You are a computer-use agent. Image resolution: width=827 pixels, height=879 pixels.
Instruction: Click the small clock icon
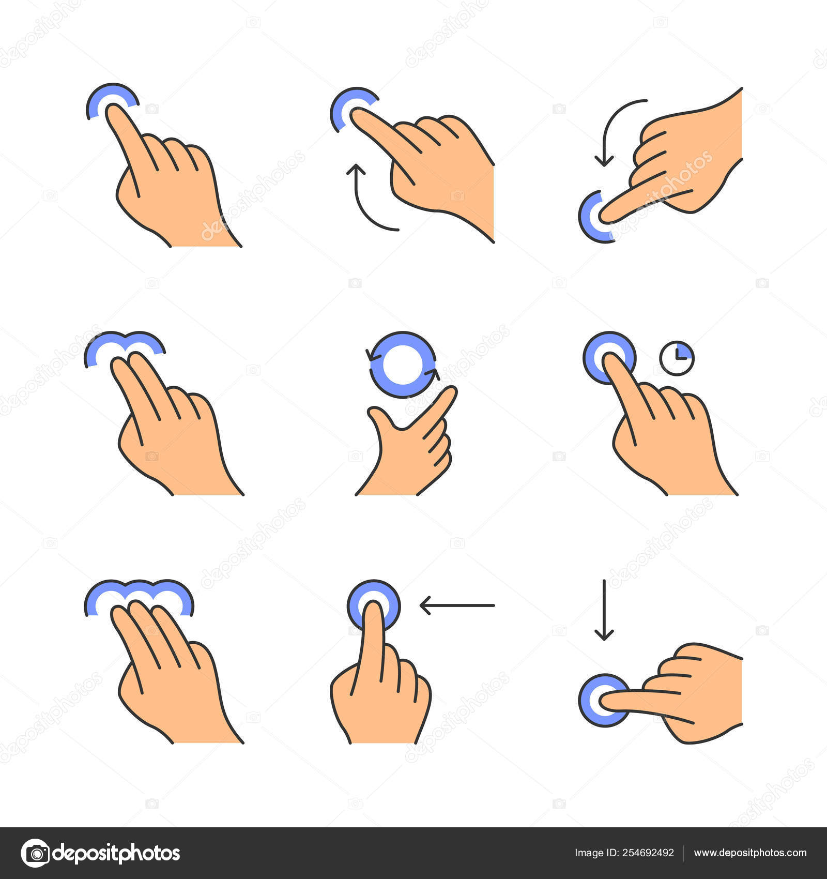[677, 358]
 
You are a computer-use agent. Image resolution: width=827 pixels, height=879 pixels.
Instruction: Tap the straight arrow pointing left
[457, 605]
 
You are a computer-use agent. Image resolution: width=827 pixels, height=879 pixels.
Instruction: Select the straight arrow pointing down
[604, 610]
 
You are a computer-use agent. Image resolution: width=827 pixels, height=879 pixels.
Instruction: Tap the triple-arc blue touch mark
[139, 592]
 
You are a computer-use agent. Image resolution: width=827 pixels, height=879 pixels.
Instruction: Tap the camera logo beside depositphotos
[35, 853]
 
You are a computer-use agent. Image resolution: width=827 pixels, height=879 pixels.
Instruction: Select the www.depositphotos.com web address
[750, 853]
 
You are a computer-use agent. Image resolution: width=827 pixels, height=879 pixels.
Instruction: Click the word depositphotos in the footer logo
[116, 853]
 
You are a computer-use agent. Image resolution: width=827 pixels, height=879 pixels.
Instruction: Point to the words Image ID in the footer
[593, 853]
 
